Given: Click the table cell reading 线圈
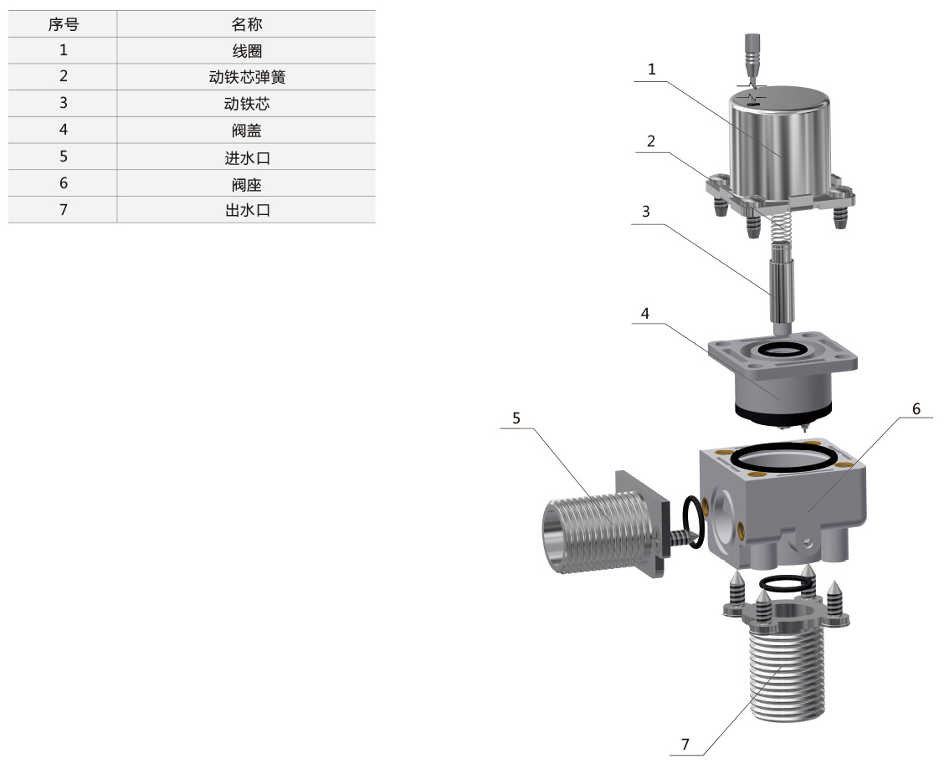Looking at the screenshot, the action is point(246,50).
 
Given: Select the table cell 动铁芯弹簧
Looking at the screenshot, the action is point(246,77).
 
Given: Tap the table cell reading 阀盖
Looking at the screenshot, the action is point(246,130).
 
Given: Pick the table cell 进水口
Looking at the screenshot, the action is point(246,157).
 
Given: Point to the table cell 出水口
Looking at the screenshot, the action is point(246,210).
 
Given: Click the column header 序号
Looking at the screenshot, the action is point(63,24).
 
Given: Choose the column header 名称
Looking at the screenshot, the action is point(246,24).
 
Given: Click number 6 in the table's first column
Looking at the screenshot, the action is point(64,183).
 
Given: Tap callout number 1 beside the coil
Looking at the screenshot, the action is point(651,69).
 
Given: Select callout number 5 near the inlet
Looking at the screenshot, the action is point(516,418).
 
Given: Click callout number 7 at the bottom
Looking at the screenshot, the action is point(685,745).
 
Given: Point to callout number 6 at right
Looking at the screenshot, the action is point(916,409).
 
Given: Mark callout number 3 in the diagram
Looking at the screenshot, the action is point(646,212).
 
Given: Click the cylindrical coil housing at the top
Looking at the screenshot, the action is point(781,146).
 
